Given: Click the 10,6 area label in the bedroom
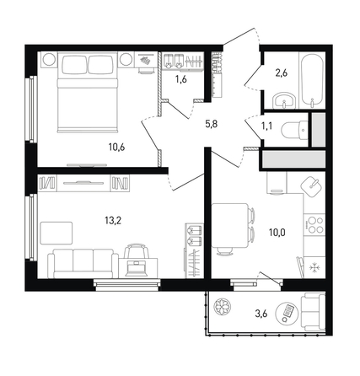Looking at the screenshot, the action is pos(116,147).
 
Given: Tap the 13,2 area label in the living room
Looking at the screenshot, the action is pos(113,221).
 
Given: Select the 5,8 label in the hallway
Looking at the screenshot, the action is pos(211,124).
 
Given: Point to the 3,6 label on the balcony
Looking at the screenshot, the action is pos(261,314).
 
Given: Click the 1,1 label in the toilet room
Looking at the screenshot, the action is pos(266,126).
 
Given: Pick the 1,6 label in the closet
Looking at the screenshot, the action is pos(181,79).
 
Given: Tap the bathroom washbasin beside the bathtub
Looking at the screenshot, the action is pos(284,101).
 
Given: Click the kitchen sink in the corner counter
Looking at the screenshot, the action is pos(311,187).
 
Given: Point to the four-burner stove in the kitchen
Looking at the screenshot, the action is pos(314,224).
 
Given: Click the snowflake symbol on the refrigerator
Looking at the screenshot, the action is pos(313,268).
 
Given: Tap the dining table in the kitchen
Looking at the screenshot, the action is pos(230,225).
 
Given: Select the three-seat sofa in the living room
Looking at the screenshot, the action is pos(83,264).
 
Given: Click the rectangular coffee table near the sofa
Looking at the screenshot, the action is pos(56,233).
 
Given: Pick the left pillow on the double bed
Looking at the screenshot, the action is pos(74,65).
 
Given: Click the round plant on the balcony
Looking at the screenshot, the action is pos(223,307).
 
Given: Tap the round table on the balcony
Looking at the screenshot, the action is pos(287,313).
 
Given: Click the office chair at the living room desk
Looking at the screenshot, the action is pos(137,251).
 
